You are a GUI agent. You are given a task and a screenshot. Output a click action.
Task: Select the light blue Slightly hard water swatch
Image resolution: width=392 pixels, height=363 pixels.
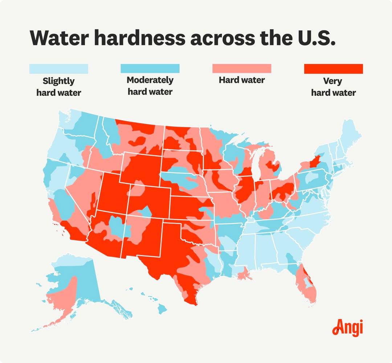(58, 69)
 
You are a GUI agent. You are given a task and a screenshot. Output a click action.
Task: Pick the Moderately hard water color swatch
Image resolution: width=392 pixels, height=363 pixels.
(150, 69)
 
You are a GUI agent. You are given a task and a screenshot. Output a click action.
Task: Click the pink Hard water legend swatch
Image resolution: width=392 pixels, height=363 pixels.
(241, 69)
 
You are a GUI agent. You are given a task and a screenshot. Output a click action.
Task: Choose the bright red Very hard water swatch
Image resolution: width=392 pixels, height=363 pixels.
(333, 69)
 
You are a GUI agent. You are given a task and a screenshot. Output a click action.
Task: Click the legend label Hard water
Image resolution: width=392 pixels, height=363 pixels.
(241, 80)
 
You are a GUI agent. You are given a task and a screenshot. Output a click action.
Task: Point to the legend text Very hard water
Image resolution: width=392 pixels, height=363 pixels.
(333, 87)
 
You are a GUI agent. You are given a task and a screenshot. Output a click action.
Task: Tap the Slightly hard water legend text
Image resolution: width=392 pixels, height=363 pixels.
(58, 86)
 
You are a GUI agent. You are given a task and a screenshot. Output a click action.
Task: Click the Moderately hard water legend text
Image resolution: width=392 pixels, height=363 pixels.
(150, 86)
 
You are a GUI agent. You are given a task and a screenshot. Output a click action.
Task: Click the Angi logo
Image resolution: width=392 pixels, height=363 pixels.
(347, 328)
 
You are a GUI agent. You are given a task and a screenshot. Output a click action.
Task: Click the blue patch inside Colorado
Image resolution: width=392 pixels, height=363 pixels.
(146, 213)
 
